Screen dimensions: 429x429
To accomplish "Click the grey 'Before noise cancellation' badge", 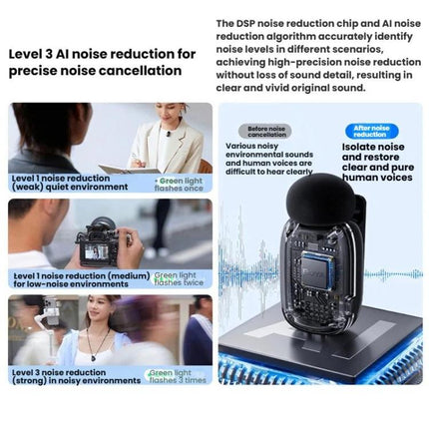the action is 265,132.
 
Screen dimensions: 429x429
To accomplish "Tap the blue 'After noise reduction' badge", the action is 371,131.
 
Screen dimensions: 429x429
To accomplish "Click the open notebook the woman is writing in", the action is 130,169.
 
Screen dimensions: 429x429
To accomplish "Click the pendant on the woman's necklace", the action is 94,358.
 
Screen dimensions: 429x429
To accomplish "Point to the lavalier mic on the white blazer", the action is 169,134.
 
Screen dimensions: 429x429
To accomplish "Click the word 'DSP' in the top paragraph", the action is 243,24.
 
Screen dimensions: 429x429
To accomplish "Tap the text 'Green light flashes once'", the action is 179,185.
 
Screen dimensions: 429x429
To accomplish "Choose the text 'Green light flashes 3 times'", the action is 178,376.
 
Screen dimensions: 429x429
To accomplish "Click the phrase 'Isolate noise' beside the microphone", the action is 373,147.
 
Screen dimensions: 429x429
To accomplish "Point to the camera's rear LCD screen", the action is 95,253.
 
